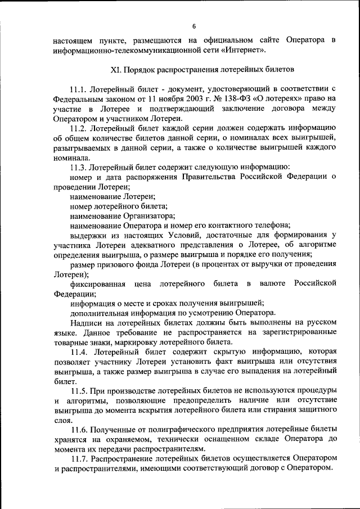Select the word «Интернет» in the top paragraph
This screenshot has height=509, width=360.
(242, 51)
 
